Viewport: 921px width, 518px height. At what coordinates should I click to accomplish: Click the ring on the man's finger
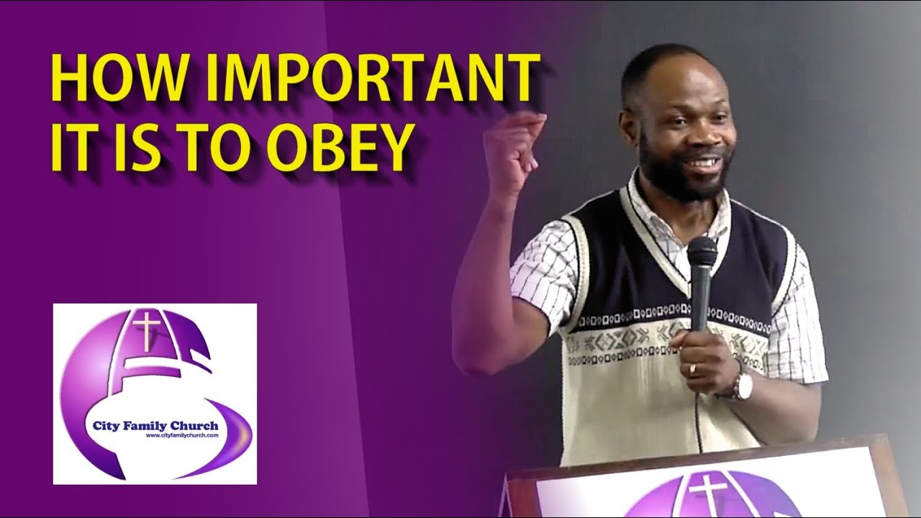pos(692,370)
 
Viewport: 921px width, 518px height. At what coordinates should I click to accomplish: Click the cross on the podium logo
pos(708,496)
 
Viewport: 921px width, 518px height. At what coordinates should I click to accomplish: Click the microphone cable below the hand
pos(697,421)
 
